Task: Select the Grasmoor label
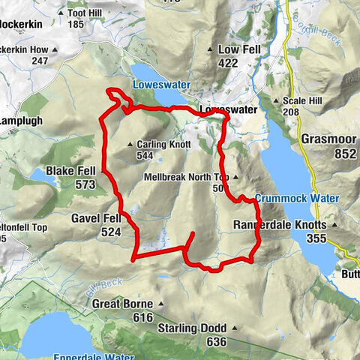(328, 139)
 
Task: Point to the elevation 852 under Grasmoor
(328, 153)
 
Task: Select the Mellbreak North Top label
(189, 178)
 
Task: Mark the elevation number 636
(216, 342)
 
